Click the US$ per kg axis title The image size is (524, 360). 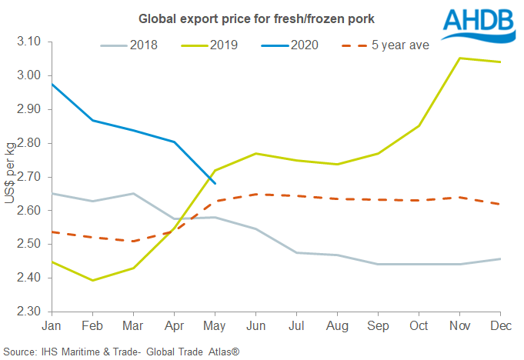(10, 176)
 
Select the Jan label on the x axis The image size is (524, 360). (52, 326)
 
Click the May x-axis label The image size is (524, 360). (215, 326)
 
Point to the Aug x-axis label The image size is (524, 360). (337, 326)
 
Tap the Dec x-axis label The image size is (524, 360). (500, 326)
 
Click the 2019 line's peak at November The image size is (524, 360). (459, 58)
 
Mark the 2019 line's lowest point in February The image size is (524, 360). (92, 280)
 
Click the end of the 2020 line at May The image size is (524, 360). (215, 183)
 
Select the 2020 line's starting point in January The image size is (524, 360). (52, 84)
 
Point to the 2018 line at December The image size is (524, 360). (500, 258)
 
